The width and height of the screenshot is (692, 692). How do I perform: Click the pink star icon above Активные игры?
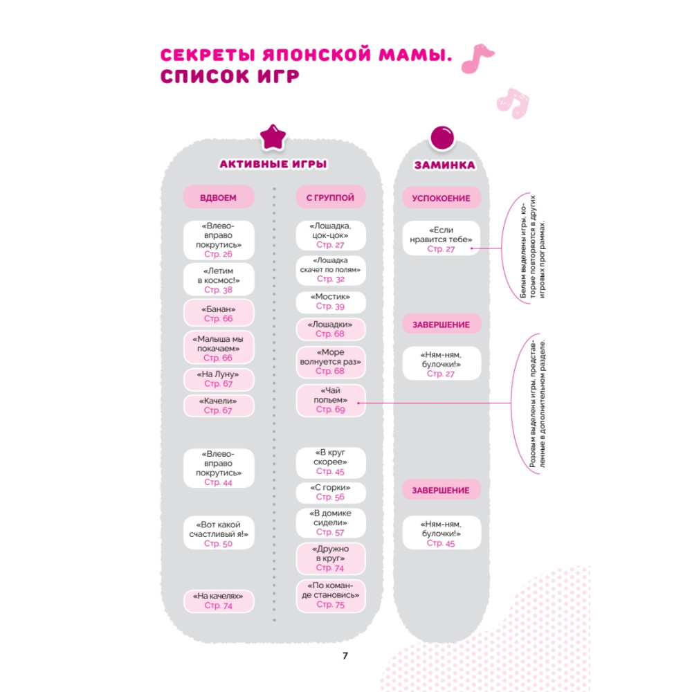tap(273, 137)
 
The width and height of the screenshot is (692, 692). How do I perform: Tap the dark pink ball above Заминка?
tap(441, 138)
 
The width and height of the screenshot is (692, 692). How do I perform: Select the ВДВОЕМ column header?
tap(219, 197)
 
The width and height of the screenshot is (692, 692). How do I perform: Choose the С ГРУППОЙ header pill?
tap(331, 197)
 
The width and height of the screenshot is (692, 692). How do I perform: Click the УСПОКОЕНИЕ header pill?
tap(441, 198)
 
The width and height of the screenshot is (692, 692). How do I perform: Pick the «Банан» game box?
tap(219, 313)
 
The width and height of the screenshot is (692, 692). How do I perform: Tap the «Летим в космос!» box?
tap(219, 280)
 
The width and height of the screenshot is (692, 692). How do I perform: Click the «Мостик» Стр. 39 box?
tap(331, 302)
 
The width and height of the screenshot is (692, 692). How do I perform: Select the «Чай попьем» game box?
tap(331, 400)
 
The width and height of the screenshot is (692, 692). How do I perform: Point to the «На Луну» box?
tap(219, 379)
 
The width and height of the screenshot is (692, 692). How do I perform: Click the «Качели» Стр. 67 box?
tap(219, 406)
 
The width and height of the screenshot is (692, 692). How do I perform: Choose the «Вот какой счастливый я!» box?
tap(219, 533)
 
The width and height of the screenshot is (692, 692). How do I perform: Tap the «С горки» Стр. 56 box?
tap(331, 492)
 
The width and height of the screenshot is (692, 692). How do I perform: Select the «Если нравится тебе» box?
tap(441, 238)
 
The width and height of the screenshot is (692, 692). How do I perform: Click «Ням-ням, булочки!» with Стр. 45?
tap(441, 533)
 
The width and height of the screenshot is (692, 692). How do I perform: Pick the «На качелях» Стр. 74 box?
tap(219, 601)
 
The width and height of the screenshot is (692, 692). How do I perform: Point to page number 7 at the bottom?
tap(345, 656)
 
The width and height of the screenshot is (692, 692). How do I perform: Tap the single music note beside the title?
tap(477, 57)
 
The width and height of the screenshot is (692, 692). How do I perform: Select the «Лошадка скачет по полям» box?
tap(331, 270)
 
